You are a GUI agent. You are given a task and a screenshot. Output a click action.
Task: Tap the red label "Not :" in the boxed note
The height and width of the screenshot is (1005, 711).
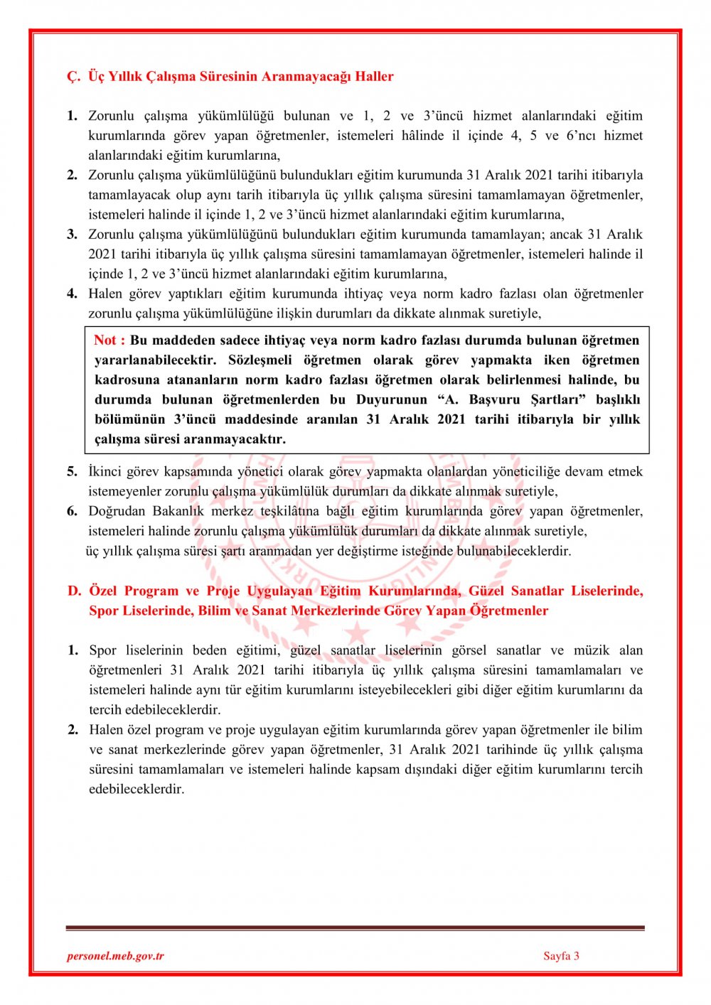click(x=109, y=340)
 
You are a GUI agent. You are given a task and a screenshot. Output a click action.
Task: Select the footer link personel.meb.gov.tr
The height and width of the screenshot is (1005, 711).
click(x=115, y=956)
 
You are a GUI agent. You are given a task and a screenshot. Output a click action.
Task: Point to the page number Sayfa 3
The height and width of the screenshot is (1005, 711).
click(x=561, y=956)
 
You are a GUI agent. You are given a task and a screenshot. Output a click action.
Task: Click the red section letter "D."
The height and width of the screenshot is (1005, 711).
click(x=75, y=591)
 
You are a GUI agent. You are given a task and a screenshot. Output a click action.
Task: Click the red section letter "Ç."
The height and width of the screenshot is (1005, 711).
click(x=74, y=77)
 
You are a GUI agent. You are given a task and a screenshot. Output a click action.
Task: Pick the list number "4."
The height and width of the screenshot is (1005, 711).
click(x=73, y=294)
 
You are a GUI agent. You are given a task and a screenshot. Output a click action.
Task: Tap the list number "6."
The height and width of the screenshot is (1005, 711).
click(x=73, y=511)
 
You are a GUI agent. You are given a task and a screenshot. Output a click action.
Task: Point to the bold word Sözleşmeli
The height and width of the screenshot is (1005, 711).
click(x=260, y=360)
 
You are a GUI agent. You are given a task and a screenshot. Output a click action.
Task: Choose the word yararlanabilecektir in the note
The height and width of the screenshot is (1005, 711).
click(x=155, y=360)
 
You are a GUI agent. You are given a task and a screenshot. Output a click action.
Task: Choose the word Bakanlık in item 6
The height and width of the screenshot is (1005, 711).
click(x=178, y=511)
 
